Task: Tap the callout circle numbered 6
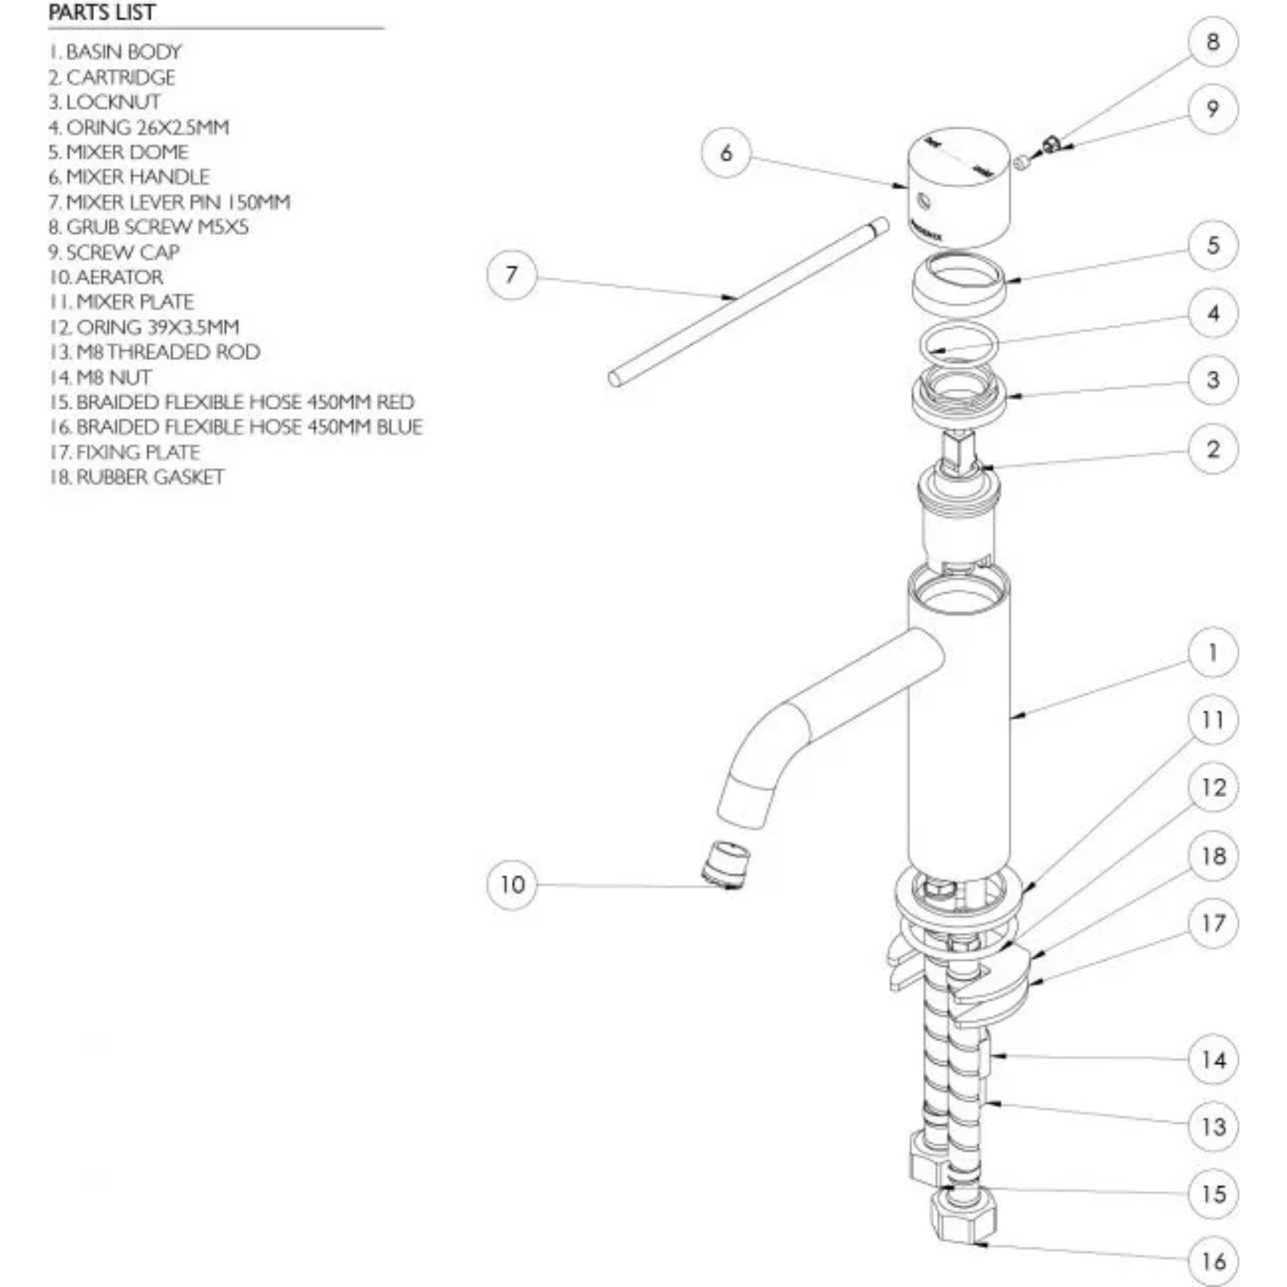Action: pyautogui.click(x=726, y=153)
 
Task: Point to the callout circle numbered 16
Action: pyautogui.click(x=1212, y=1261)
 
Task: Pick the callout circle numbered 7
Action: pyautogui.click(x=511, y=274)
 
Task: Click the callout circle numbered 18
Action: pyautogui.click(x=1212, y=856)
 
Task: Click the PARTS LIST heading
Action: pyautogui.click(x=102, y=12)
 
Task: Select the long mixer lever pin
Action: pyautogui.click(x=746, y=303)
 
